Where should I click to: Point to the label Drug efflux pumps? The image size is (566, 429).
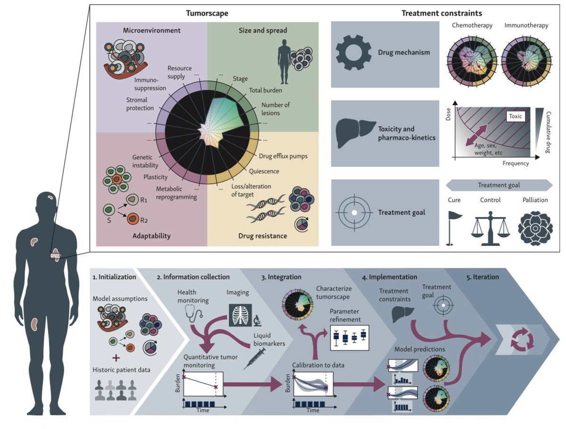click(283, 156)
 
